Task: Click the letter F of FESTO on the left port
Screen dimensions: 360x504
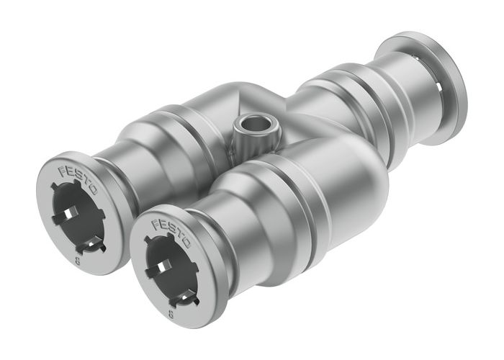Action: pos(61,168)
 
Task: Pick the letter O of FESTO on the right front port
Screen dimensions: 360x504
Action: pos(185,243)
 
